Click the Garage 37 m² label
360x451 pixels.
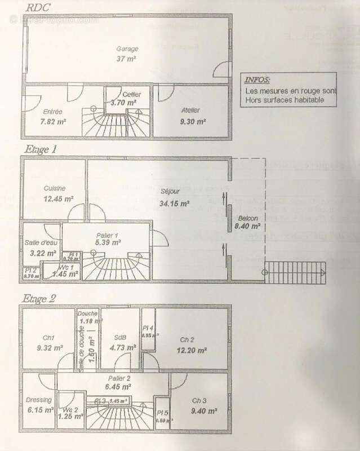[x=127, y=54]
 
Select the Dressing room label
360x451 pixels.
[x=39, y=400]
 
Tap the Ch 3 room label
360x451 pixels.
[x=199, y=401]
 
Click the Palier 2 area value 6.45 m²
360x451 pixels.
[x=119, y=387]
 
